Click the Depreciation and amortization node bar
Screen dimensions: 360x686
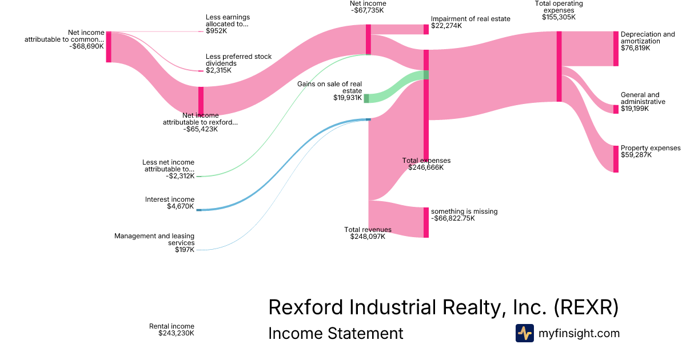coord(616,49)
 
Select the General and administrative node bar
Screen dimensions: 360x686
coord(616,109)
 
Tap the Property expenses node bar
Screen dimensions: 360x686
coord(616,159)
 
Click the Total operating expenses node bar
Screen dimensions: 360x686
coord(559,67)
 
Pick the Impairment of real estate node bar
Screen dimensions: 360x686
coord(426,30)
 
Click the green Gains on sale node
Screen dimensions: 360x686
coord(366,98)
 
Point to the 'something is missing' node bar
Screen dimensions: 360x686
coord(426,222)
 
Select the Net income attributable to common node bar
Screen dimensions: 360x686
coord(109,47)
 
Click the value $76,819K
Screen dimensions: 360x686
coord(635,48)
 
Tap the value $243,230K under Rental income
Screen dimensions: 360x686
coord(176,333)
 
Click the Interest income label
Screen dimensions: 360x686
coord(170,199)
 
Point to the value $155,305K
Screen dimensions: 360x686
coord(559,17)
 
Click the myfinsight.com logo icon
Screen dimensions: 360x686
coord(524,333)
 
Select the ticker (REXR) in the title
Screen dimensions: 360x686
coord(586,307)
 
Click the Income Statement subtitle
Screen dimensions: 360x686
coord(336,333)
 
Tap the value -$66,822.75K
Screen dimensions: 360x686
coord(453,218)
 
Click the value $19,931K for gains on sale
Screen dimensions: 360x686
coord(348,98)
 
